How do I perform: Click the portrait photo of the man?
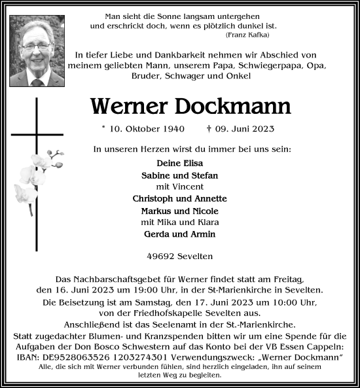[x=37, y=51]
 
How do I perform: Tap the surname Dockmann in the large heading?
[x=236, y=106]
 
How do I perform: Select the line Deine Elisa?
[x=180, y=163]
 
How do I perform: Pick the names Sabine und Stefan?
[x=180, y=175]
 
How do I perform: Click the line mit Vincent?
[x=180, y=186]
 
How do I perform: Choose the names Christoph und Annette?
[x=180, y=198]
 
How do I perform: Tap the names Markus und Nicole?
[x=180, y=211]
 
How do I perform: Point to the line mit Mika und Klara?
[x=180, y=222]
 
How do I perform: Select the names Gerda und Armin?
[x=180, y=234]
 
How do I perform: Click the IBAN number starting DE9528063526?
[x=111, y=356]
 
